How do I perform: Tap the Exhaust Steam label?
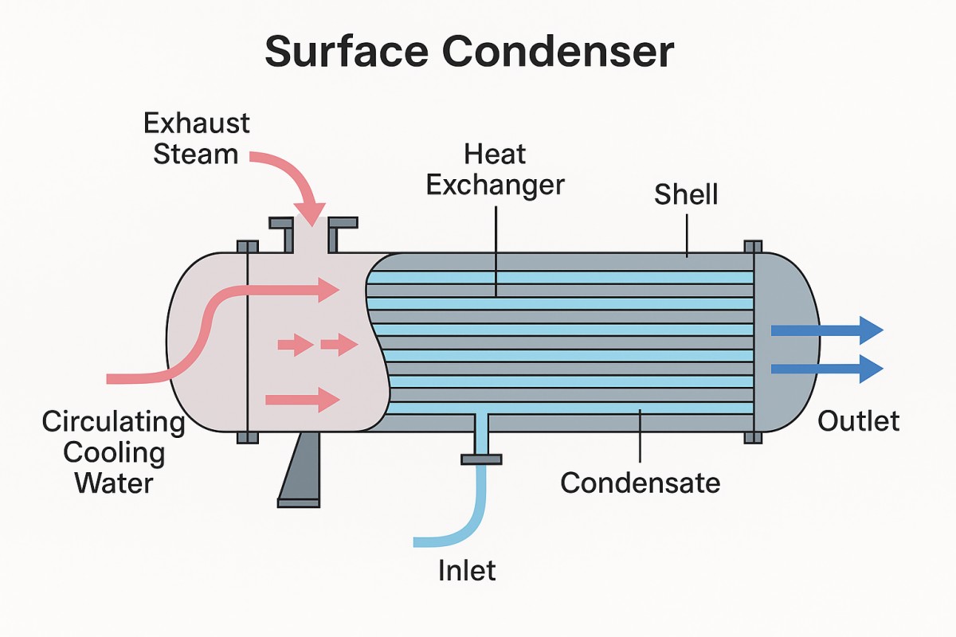(196, 138)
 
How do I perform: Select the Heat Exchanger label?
(495, 169)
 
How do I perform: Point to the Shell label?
(686, 193)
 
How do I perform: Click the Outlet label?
(859, 420)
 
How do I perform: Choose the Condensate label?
(640, 482)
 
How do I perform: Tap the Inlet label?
(467, 569)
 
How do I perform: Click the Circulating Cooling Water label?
(113, 452)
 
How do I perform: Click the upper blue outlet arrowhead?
(872, 330)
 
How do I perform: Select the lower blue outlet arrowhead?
(872, 368)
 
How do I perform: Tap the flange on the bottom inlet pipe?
(481, 459)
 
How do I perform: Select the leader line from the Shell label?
(686, 235)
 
